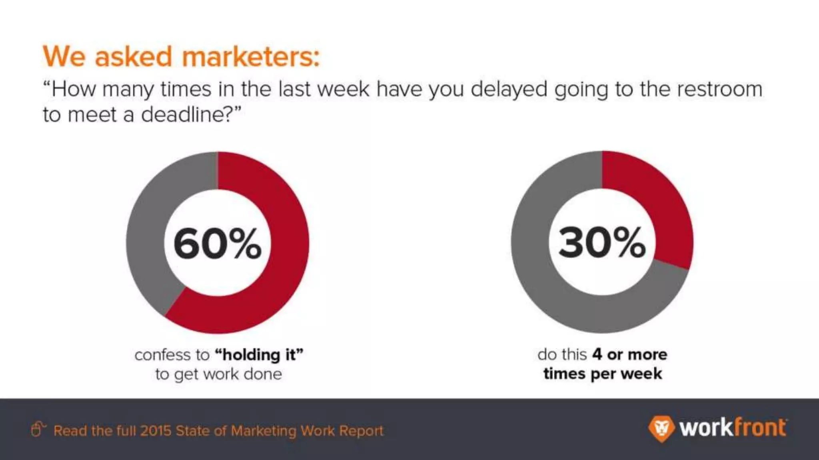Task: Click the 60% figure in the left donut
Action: (x=217, y=244)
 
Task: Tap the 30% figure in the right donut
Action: (x=602, y=242)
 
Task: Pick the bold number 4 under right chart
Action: (x=597, y=354)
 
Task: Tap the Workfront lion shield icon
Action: (x=661, y=429)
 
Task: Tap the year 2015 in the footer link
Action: (x=156, y=430)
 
